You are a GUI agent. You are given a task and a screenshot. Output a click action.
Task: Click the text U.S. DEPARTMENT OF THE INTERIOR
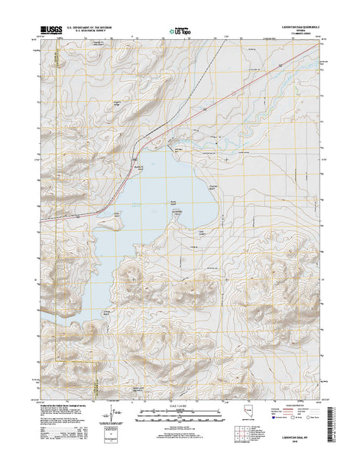tap(94, 25)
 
